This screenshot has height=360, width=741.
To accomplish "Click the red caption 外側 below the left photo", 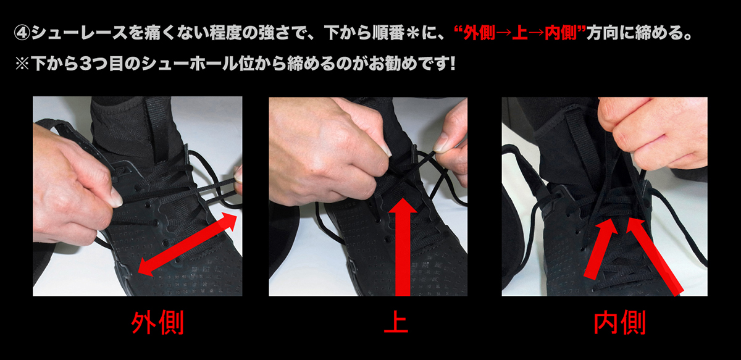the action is (x=157, y=323).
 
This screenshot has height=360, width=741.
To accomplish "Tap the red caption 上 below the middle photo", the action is (x=396, y=323).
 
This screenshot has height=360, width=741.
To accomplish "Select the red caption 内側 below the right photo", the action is (x=619, y=323).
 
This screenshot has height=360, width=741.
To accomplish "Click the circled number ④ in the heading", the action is (x=22, y=33).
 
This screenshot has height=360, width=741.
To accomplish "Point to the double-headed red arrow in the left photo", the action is (x=188, y=244).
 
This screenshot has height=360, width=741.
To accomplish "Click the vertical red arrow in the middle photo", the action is (x=403, y=247).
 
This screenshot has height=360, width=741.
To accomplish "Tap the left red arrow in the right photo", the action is (x=600, y=248).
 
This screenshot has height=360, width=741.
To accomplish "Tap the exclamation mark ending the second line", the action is (x=452, y=63).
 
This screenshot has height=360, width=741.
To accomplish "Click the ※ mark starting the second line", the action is (x=22, y=63).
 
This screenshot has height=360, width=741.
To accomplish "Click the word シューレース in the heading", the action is (x=80, y=33).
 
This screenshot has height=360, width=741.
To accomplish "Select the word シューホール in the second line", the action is (x=190, y=63).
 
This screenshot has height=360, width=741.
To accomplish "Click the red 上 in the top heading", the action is (x=520, y=33).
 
